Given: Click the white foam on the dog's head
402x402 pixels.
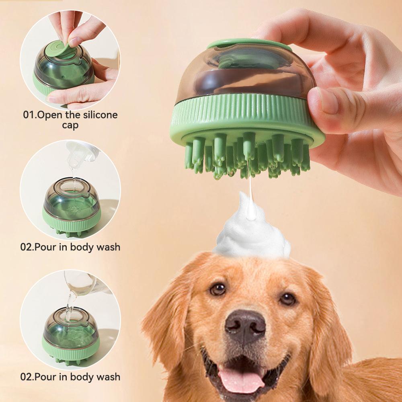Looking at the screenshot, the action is tap(252, 231).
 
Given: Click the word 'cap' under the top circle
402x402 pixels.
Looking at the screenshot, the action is tap(70, 125).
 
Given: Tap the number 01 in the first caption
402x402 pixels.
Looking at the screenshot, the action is tap(29, 115).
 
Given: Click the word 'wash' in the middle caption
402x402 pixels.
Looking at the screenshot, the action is tap(109, 247).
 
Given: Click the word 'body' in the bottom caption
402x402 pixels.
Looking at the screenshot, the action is tap(82, 377).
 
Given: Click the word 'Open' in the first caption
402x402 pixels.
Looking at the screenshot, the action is tap(50, 115).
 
